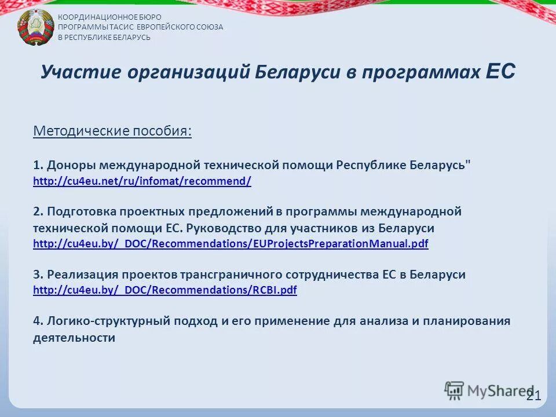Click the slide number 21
tap(533, 396)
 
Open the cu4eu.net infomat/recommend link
tap(142, 181)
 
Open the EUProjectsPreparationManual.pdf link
tap(231, 244)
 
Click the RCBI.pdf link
tap(165, 290)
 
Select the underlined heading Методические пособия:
tap(112, 131)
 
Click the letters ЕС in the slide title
tap(500, 72)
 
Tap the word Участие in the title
tap(75, 73)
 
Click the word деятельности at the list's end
tap(74, 338)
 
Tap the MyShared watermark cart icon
tap(455, 391)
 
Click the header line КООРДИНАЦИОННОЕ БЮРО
tap(109, 17)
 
